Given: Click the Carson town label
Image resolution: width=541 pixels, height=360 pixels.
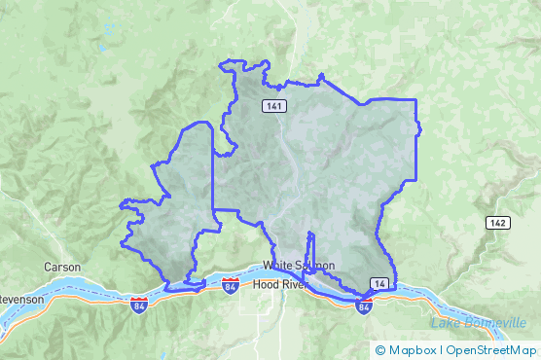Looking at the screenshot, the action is pyautogui.click(x=61, y=267).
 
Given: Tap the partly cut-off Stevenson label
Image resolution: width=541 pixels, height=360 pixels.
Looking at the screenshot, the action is pyautogui.click(x=21, y=299).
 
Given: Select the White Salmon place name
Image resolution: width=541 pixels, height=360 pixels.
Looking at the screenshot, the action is pyautogui.click(x=298, y=266).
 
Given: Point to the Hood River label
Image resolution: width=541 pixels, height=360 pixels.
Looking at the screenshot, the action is pyautogui.click(x=278, y=285).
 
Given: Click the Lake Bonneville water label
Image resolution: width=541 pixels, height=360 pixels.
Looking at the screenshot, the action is pyautogui.click(x=484, y=322).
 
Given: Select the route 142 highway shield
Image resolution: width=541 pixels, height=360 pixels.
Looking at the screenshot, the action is pyautogui.click(x=498, y=223).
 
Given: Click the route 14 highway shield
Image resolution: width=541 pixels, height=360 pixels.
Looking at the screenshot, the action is pyautogui.click(x=379, y=283).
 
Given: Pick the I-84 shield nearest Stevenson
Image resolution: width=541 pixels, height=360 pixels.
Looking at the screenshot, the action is pyautogui.click(x=139, y=305).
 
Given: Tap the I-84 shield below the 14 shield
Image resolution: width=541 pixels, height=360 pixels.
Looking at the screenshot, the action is pyautogui.click(x=364, y=306).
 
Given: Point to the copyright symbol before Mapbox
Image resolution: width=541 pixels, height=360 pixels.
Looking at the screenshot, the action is pyautogui.click(x=380, y=349).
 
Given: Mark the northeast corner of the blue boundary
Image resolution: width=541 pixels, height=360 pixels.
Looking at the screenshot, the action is pyautogui.click(x=415, y=100).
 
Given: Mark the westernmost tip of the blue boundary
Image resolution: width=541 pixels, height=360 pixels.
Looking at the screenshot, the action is pyautogui.click(x=121, y=205).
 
